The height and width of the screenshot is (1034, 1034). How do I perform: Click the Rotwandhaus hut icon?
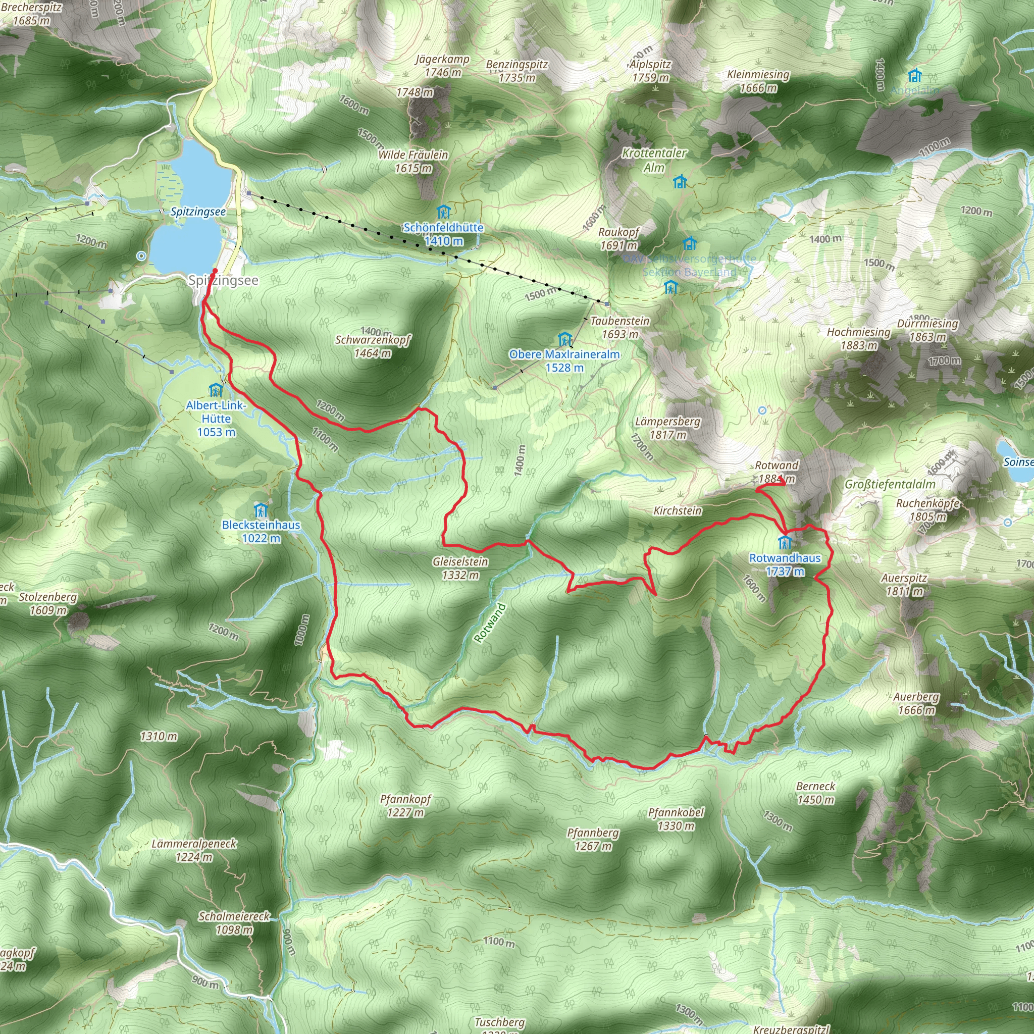click(x=785, y=543)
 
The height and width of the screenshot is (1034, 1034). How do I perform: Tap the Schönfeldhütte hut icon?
click(x=443, y=212)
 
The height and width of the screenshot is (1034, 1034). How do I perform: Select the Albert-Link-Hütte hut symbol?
click(x=216, y=390)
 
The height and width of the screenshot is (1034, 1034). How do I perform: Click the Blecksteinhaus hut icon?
click(x=261, y=510)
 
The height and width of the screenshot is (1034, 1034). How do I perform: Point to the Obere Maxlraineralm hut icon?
click(x=564, y=339)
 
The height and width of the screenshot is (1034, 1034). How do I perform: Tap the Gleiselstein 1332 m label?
click(x=460, y=568)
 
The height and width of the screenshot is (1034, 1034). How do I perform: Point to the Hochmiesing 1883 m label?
click(x=858, y=338)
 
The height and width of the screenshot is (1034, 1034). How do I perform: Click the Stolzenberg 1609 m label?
click(x=48, y=603)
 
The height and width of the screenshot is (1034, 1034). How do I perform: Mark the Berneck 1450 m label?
click(x=816, y=793)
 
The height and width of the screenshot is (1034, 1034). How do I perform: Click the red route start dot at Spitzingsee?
click(x=215, y=271)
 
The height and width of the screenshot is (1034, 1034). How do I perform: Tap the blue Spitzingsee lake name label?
click(x=198, y=212)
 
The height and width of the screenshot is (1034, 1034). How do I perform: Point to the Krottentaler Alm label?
click(x=654, y=160)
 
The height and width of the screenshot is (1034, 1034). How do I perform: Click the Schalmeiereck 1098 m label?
click(x=234, y=923)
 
